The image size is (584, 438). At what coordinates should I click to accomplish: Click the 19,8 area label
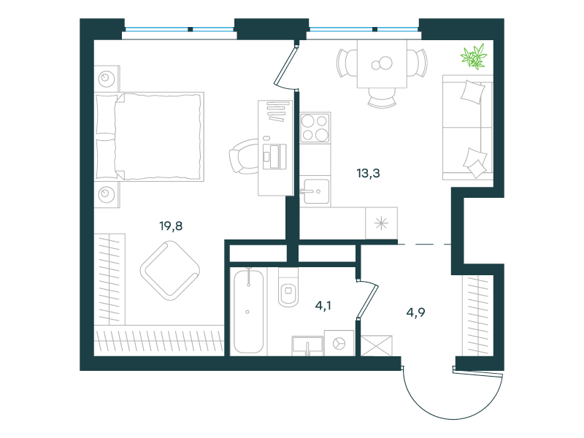pos(171,226)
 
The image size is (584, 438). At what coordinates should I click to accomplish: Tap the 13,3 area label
pos(369,173)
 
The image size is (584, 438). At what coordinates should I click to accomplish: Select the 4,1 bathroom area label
pos(323,306)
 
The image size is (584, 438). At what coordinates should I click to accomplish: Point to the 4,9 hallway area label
pos(415,312)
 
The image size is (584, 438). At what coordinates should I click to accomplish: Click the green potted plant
pos(474,56)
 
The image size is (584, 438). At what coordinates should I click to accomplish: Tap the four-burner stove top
pos(315,128)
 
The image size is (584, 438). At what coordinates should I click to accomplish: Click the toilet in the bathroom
pos(288,287)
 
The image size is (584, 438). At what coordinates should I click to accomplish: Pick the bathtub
pos(248,311)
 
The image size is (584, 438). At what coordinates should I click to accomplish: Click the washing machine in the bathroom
pos(339,343)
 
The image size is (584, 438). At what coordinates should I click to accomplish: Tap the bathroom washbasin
pos(307,345)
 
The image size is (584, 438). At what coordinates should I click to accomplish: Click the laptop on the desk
pos(274,156)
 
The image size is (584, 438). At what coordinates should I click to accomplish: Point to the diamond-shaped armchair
pos(170,270)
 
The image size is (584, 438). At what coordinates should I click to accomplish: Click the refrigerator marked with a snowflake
pos(381,223)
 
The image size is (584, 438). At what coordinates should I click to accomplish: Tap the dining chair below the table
pos(382,98)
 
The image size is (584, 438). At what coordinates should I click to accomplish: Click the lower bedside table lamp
pos(106,194)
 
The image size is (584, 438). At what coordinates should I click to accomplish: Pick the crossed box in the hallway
pos(377,346)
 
